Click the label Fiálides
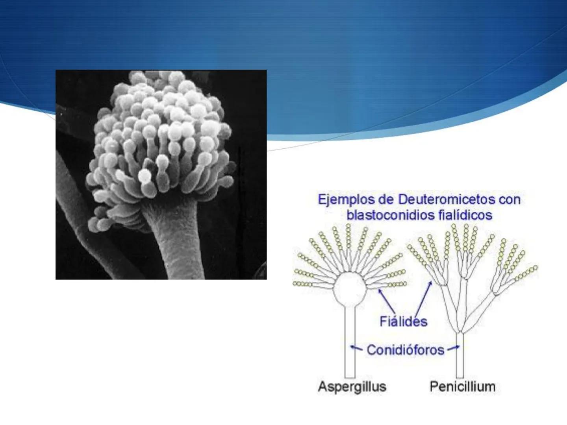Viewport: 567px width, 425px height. coord(403,322)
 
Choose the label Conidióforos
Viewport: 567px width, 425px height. coord(405,349)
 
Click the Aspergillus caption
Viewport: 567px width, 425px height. coord(352,386)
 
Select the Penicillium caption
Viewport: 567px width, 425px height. coord(462,386)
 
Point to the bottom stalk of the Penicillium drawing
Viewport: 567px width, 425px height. coord(460,356)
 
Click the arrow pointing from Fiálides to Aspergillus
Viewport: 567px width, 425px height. coord(387,301)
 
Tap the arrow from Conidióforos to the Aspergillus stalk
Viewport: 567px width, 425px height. coord(356,348)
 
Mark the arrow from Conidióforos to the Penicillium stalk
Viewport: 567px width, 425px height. coord(453,348)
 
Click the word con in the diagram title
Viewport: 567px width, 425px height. coord(510,200)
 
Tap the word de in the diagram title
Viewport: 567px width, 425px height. coord(386,200)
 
